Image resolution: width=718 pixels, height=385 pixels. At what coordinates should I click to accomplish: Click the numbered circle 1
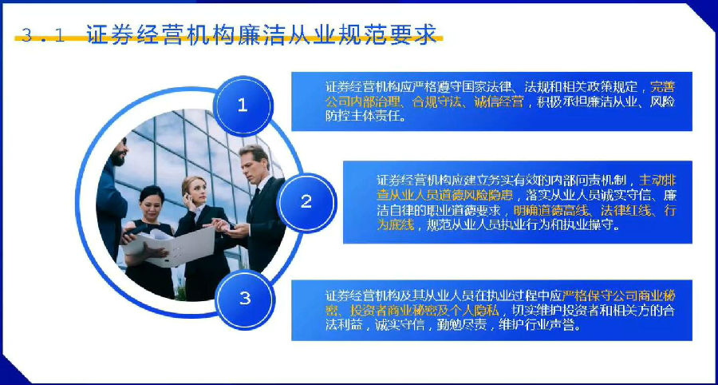[243, 106]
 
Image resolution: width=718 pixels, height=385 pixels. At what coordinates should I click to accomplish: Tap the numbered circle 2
[306, 202]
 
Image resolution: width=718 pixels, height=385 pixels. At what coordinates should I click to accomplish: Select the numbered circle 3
[245, 300]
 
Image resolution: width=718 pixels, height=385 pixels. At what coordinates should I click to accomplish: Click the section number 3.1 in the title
[43, 35]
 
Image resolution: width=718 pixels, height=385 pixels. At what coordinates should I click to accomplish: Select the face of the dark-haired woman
[153, 204]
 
